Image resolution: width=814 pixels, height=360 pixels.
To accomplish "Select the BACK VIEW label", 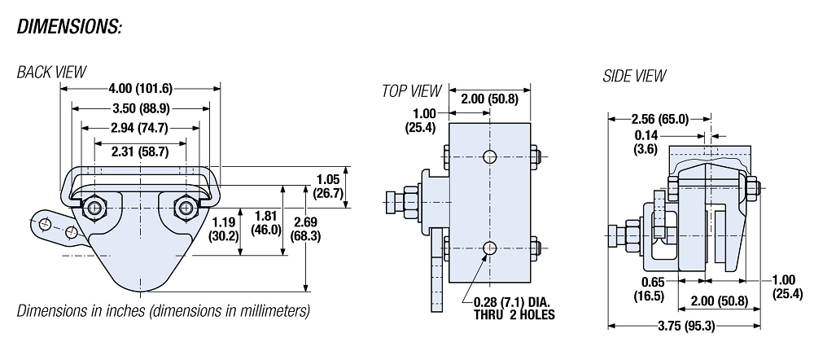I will (x=51, y=73).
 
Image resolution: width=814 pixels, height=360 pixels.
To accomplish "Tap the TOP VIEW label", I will (x=411, y=91).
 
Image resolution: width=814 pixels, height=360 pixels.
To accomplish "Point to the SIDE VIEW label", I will (x=634, y=76).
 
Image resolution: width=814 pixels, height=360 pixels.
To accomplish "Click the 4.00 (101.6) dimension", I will (x=140, y=88).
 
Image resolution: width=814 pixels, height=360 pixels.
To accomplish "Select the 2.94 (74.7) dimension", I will (x=140, y=127).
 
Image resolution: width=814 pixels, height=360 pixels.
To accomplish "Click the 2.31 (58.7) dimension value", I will (x=140, y=150).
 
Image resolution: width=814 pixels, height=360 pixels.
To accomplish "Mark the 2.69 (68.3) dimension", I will (x=330, y=229).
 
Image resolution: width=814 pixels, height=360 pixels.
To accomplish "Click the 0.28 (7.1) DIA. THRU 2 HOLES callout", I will (x=514, y=309).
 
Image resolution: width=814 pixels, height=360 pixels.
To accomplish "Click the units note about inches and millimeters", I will (x=163, y=311).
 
